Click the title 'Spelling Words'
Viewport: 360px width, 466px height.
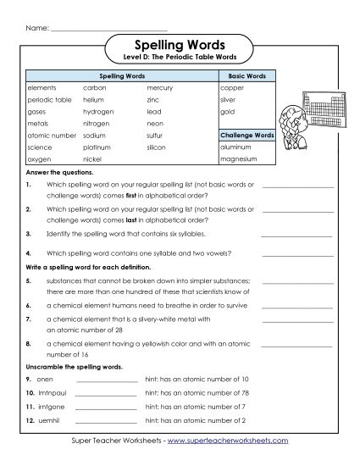click(179, 44)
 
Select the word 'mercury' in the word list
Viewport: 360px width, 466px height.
click(159, 87)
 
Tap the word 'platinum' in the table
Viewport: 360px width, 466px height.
click(98, 147)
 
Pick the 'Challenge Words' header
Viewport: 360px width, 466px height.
click(246, 135)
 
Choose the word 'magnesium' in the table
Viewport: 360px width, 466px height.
click(237, 158)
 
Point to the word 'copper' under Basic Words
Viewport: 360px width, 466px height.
click(231, 87)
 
